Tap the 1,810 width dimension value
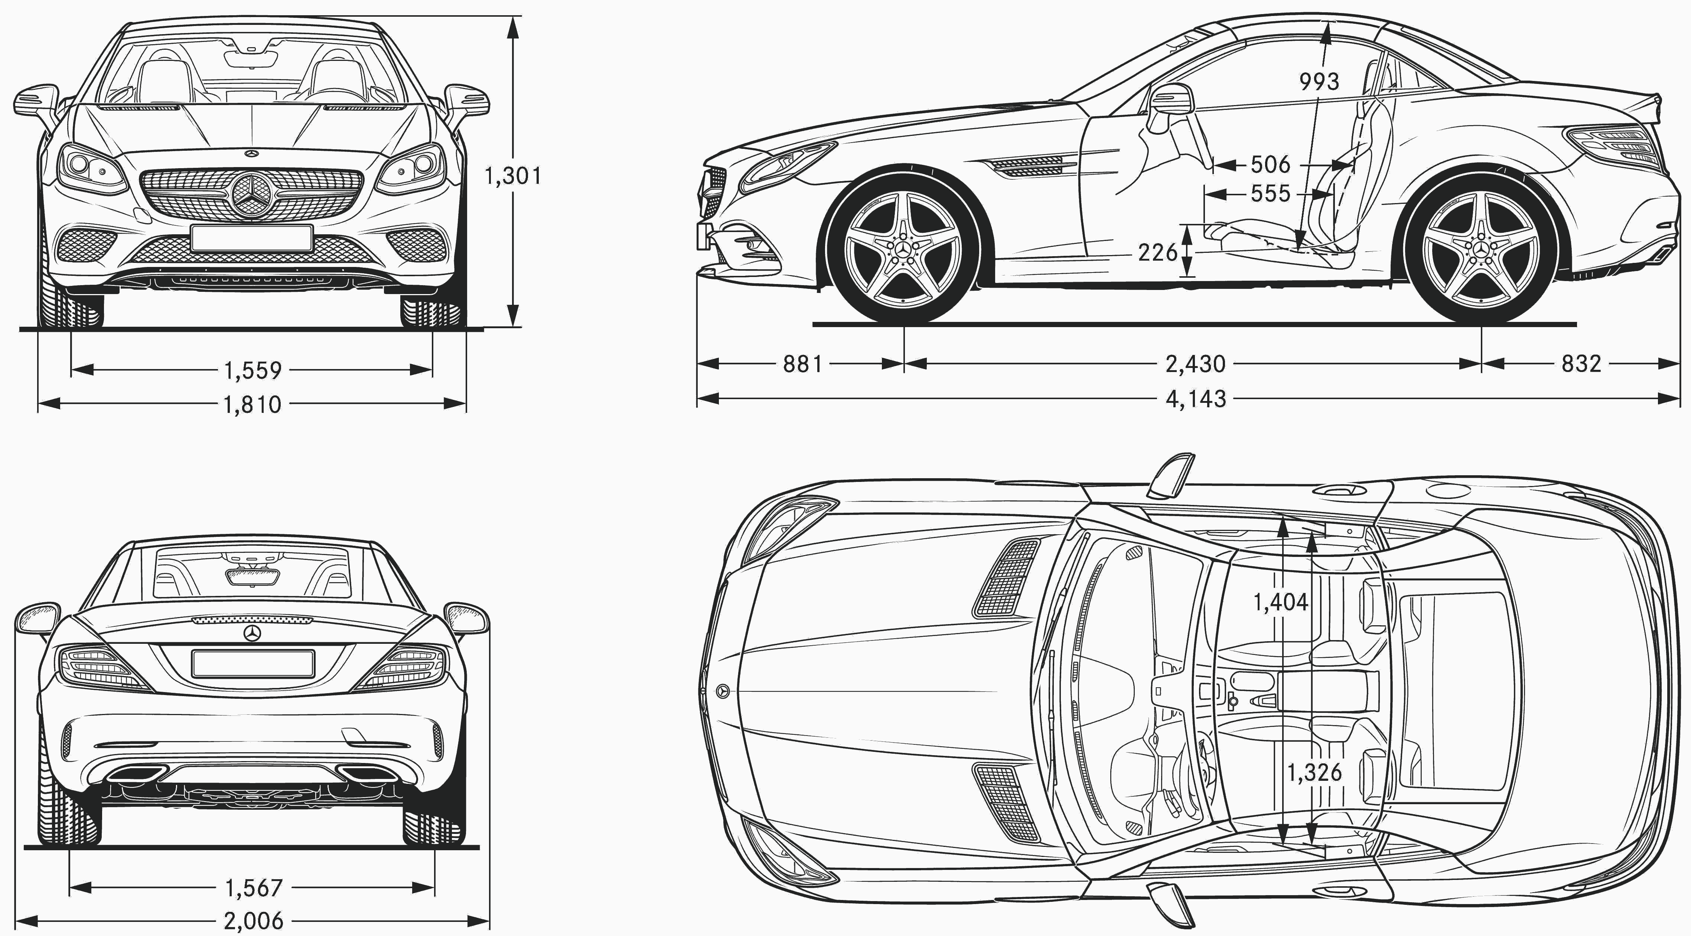pyautogui.click(x=253, y=404)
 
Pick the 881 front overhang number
pyautogui.click(x=802, y=363)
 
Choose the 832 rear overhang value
pyautogui.click(x=1581, y=363)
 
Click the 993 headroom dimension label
pyautogui.click(x=1319, y=81)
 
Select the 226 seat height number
pyautogui.click(x=1158, y=252)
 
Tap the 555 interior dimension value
pyautogui.click(x=1270, y=194)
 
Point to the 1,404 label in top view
pyautogui.click(x=1280, y=602)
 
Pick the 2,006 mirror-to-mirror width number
pyautogui.click(x=253, y=921)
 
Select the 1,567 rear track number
pyautogui.click(x=253, y=888)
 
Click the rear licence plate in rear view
pyautogui.click(x=253, y=663)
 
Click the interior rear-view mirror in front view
pyautogui.click(x=251, y=59)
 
